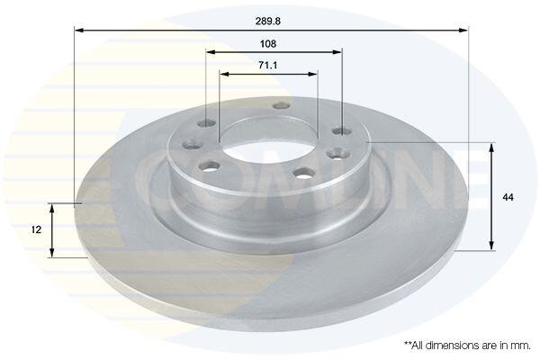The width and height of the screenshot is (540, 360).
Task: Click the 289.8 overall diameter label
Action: tap(268, 21)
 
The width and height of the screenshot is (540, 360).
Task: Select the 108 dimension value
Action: tap(268, 44)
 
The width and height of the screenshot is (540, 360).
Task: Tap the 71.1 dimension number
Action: tap(268, 65)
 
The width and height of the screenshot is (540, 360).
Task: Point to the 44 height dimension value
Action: tap(508, 197)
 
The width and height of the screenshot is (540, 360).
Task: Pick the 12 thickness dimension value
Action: tap(36, 229)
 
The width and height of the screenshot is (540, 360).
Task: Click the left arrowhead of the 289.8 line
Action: tap(79, 31)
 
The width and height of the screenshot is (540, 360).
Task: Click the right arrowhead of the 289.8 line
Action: tap(463, 31)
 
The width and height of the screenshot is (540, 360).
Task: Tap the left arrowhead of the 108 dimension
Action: tap(211, 52)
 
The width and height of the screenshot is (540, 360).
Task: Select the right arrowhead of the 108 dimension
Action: tap(337, 52)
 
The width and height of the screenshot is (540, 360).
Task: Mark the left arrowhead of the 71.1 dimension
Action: tap(224, 74)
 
